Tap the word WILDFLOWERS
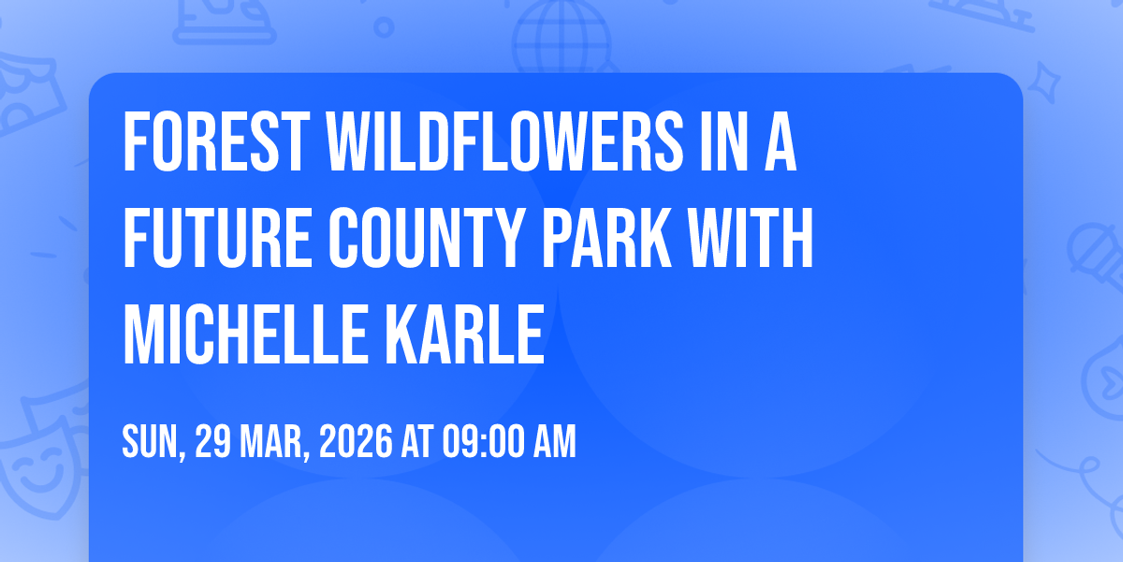pyautogui.click(x=503, y=142)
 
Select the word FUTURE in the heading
pyautogui.click(x=217, y=237)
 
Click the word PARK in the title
pyautogui.click(x=606, y=237)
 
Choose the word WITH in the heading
pyautogui.click(x=751, y=237)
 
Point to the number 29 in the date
pyautogui.click(x=212, y=441)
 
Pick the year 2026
pyautogui.click(x=356, y=441)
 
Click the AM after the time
pyautogui.click(x=554, y=441)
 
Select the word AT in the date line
pyautogui.click(x=416, y=441)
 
